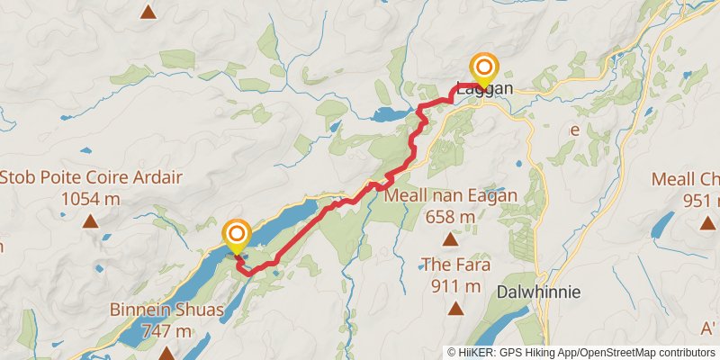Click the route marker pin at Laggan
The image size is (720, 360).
[x=484, y=68]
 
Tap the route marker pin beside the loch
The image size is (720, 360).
[x=237, y=236]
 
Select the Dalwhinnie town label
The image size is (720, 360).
[x=538, y=292]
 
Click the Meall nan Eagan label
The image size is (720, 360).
[x=451, y=196]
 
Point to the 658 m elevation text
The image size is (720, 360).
[x=451, y=217]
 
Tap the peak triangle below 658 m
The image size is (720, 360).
[x=451, y=239]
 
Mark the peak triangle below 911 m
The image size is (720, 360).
[x=455, y=309]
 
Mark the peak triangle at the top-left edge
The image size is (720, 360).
[x=148, y=12]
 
